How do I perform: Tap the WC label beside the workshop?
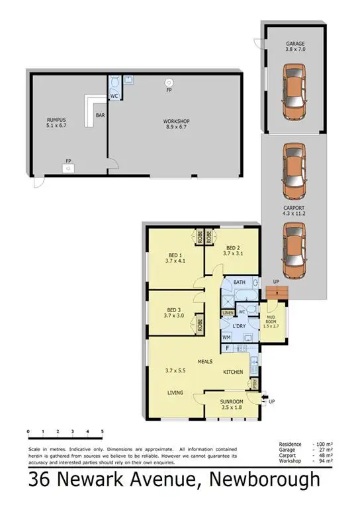pyautogui.click(x=114, y=96)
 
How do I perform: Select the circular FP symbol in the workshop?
pyautogui.click(x=169, y=82)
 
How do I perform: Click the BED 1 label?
pyautogui.click(x=175, y=257)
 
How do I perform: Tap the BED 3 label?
pyautogui.click(x=174, y=312)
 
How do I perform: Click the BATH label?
pyautogui.click(x=240, y=283)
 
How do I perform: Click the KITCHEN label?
pyautogui.click(x=233, y=372)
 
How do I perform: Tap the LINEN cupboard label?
pyautogui.click(x=228, y=312)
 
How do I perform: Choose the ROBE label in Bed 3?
pyautogui.click(x=198, y=325)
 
